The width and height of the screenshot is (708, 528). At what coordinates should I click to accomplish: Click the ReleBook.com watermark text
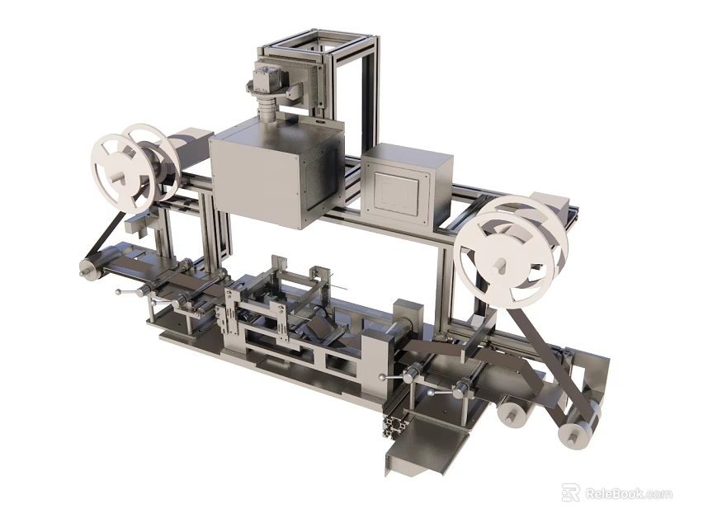pyautogui.click(x=629, y=494)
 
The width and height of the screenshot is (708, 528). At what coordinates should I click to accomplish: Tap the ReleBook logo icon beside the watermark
pyautogui.click(x=570, y=493)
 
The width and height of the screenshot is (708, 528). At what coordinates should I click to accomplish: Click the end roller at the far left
pyautogui.click(x=87, y=269)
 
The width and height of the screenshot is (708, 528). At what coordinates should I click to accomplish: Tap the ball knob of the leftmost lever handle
pyautogui.click(x=118, y=291)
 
